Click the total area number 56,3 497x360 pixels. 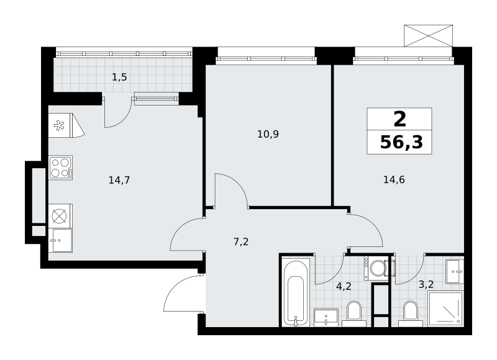(401, 143)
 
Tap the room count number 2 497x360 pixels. (399, 119)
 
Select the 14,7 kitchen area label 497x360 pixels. (119, 181)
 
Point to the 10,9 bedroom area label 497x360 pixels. (268, 135)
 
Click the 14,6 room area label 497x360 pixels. (394, 180)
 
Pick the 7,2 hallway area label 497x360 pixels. (241, 242)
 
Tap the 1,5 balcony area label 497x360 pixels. (119, 77)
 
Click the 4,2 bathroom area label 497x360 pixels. (344, 287)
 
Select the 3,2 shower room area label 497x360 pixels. (426, 285)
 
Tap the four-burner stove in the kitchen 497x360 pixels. (60, 168)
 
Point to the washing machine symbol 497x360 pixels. (376, 268)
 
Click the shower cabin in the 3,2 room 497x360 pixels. (445, 309)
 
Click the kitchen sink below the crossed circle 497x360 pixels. (60, 241)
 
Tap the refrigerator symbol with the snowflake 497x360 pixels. (66, 125)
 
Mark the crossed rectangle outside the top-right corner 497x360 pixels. (428, 36)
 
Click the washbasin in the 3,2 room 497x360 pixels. (455, 272)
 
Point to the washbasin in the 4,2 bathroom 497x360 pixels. (326, 317)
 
